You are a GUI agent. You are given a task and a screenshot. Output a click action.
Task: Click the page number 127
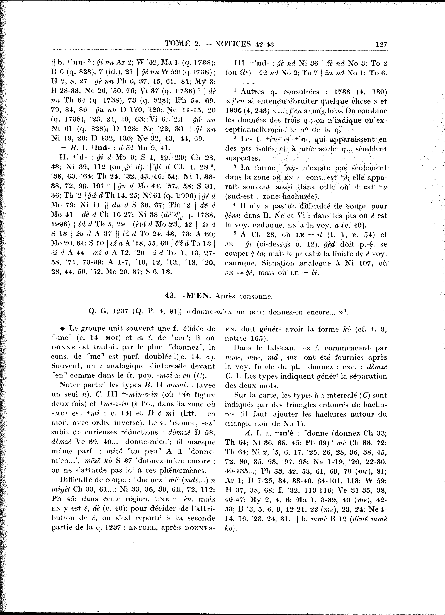click(381, 44)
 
